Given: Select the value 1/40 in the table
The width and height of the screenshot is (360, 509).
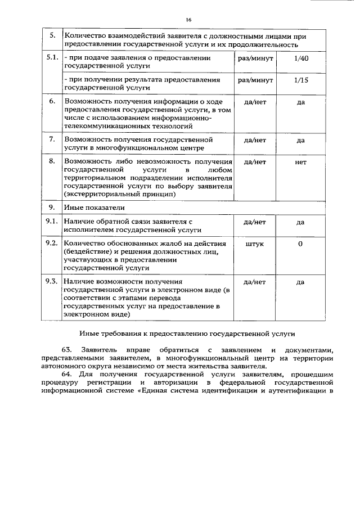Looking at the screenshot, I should (x=301, y=58).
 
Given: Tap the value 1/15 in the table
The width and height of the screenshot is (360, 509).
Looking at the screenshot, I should (x=301, y=80).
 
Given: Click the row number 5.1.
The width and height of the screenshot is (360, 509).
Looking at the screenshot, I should (x=52, y=58).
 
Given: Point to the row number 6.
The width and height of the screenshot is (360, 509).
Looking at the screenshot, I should (x=52, y=102).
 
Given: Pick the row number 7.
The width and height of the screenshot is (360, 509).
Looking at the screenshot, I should (x=52, y=139).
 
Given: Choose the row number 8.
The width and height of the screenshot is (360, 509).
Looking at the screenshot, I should (x=52, y=162).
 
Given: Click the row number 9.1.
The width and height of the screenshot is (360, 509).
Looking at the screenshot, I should (x=52, y=222).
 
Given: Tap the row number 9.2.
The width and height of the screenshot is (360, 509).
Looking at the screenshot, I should (x=52, y=244).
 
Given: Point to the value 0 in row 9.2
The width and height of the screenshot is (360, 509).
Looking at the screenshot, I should (x=300, y=244).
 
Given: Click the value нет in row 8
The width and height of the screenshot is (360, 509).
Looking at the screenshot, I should (x=300, y=162).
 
